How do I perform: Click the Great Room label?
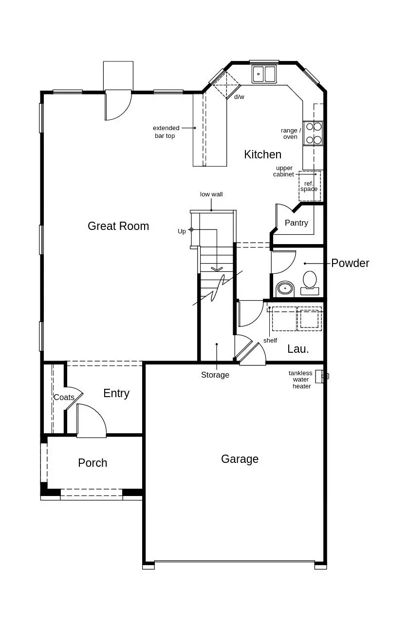118,226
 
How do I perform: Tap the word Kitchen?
262,154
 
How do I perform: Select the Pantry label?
296,223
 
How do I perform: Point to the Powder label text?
350,263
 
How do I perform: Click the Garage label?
240,459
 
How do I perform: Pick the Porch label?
93,463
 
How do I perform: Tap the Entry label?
116,393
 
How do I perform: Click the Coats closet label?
64,397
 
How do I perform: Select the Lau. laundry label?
298,349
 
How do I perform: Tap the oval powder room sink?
285,289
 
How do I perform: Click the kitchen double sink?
264,74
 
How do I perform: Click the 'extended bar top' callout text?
166,132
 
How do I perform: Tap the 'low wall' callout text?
211,194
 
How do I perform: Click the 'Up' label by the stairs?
182,231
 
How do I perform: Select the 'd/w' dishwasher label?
239,97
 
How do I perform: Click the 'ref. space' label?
309,186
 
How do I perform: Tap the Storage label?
215,375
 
